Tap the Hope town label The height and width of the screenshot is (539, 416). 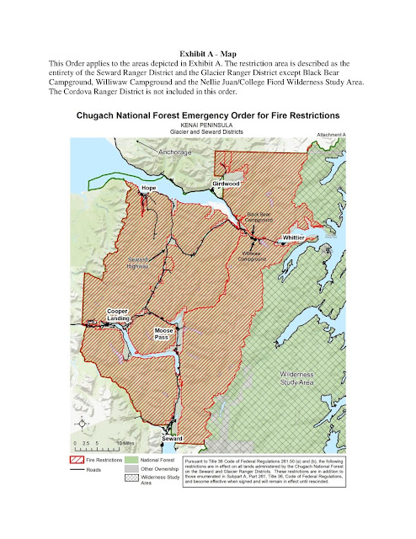[x=149, y=188]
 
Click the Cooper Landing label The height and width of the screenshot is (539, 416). [x=118, y=316]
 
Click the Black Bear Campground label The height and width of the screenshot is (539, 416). [x=259, y=217]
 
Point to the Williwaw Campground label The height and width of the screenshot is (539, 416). [x=253, y=256]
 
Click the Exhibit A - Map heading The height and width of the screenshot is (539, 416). [x=208, y=52]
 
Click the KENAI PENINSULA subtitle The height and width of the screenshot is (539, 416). [x=208, y=122]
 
